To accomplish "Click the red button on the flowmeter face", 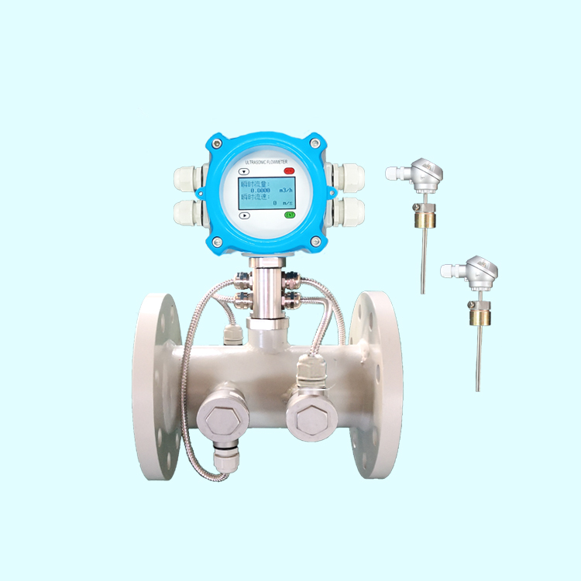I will pos(289,170).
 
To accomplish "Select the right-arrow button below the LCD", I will pos(244,216).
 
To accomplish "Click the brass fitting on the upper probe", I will pos(424,218).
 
